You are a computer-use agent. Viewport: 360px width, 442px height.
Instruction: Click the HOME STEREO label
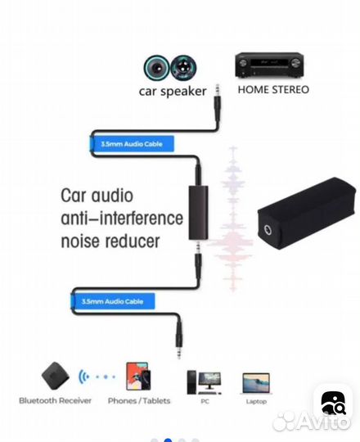tap(273, 90)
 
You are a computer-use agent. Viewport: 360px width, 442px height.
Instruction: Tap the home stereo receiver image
tap(269, 65)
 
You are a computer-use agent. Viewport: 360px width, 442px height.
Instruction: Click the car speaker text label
tap(173, 92)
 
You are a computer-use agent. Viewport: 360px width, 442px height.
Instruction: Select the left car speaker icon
tap(156, 68)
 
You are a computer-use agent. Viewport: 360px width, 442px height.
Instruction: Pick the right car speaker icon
tap(183, 68)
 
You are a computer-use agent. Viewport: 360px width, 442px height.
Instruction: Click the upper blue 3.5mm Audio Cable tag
tap(132, 144)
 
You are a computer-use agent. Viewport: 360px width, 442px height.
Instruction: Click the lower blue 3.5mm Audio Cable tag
tap(113, 301)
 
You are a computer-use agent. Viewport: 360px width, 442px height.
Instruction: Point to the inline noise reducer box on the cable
tap(198, 213)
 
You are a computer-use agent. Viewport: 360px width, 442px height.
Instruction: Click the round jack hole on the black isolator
tap(268, 230)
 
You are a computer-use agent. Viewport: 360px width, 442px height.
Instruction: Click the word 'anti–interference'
tap(122, 219)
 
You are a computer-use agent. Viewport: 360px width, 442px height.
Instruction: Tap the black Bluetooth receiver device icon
tap(55, 377)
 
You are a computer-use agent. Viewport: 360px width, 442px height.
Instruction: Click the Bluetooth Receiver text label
tap(55, 400)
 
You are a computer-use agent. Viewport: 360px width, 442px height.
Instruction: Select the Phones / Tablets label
tap(139, 401)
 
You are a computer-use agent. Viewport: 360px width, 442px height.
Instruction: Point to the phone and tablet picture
tap(138, 377)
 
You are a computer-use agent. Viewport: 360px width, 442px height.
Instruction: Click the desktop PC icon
tap(205, 382)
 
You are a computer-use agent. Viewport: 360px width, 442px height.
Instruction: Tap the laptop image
tap(256, 383)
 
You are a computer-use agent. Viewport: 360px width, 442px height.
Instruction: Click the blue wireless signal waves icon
tap(83, 377)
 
